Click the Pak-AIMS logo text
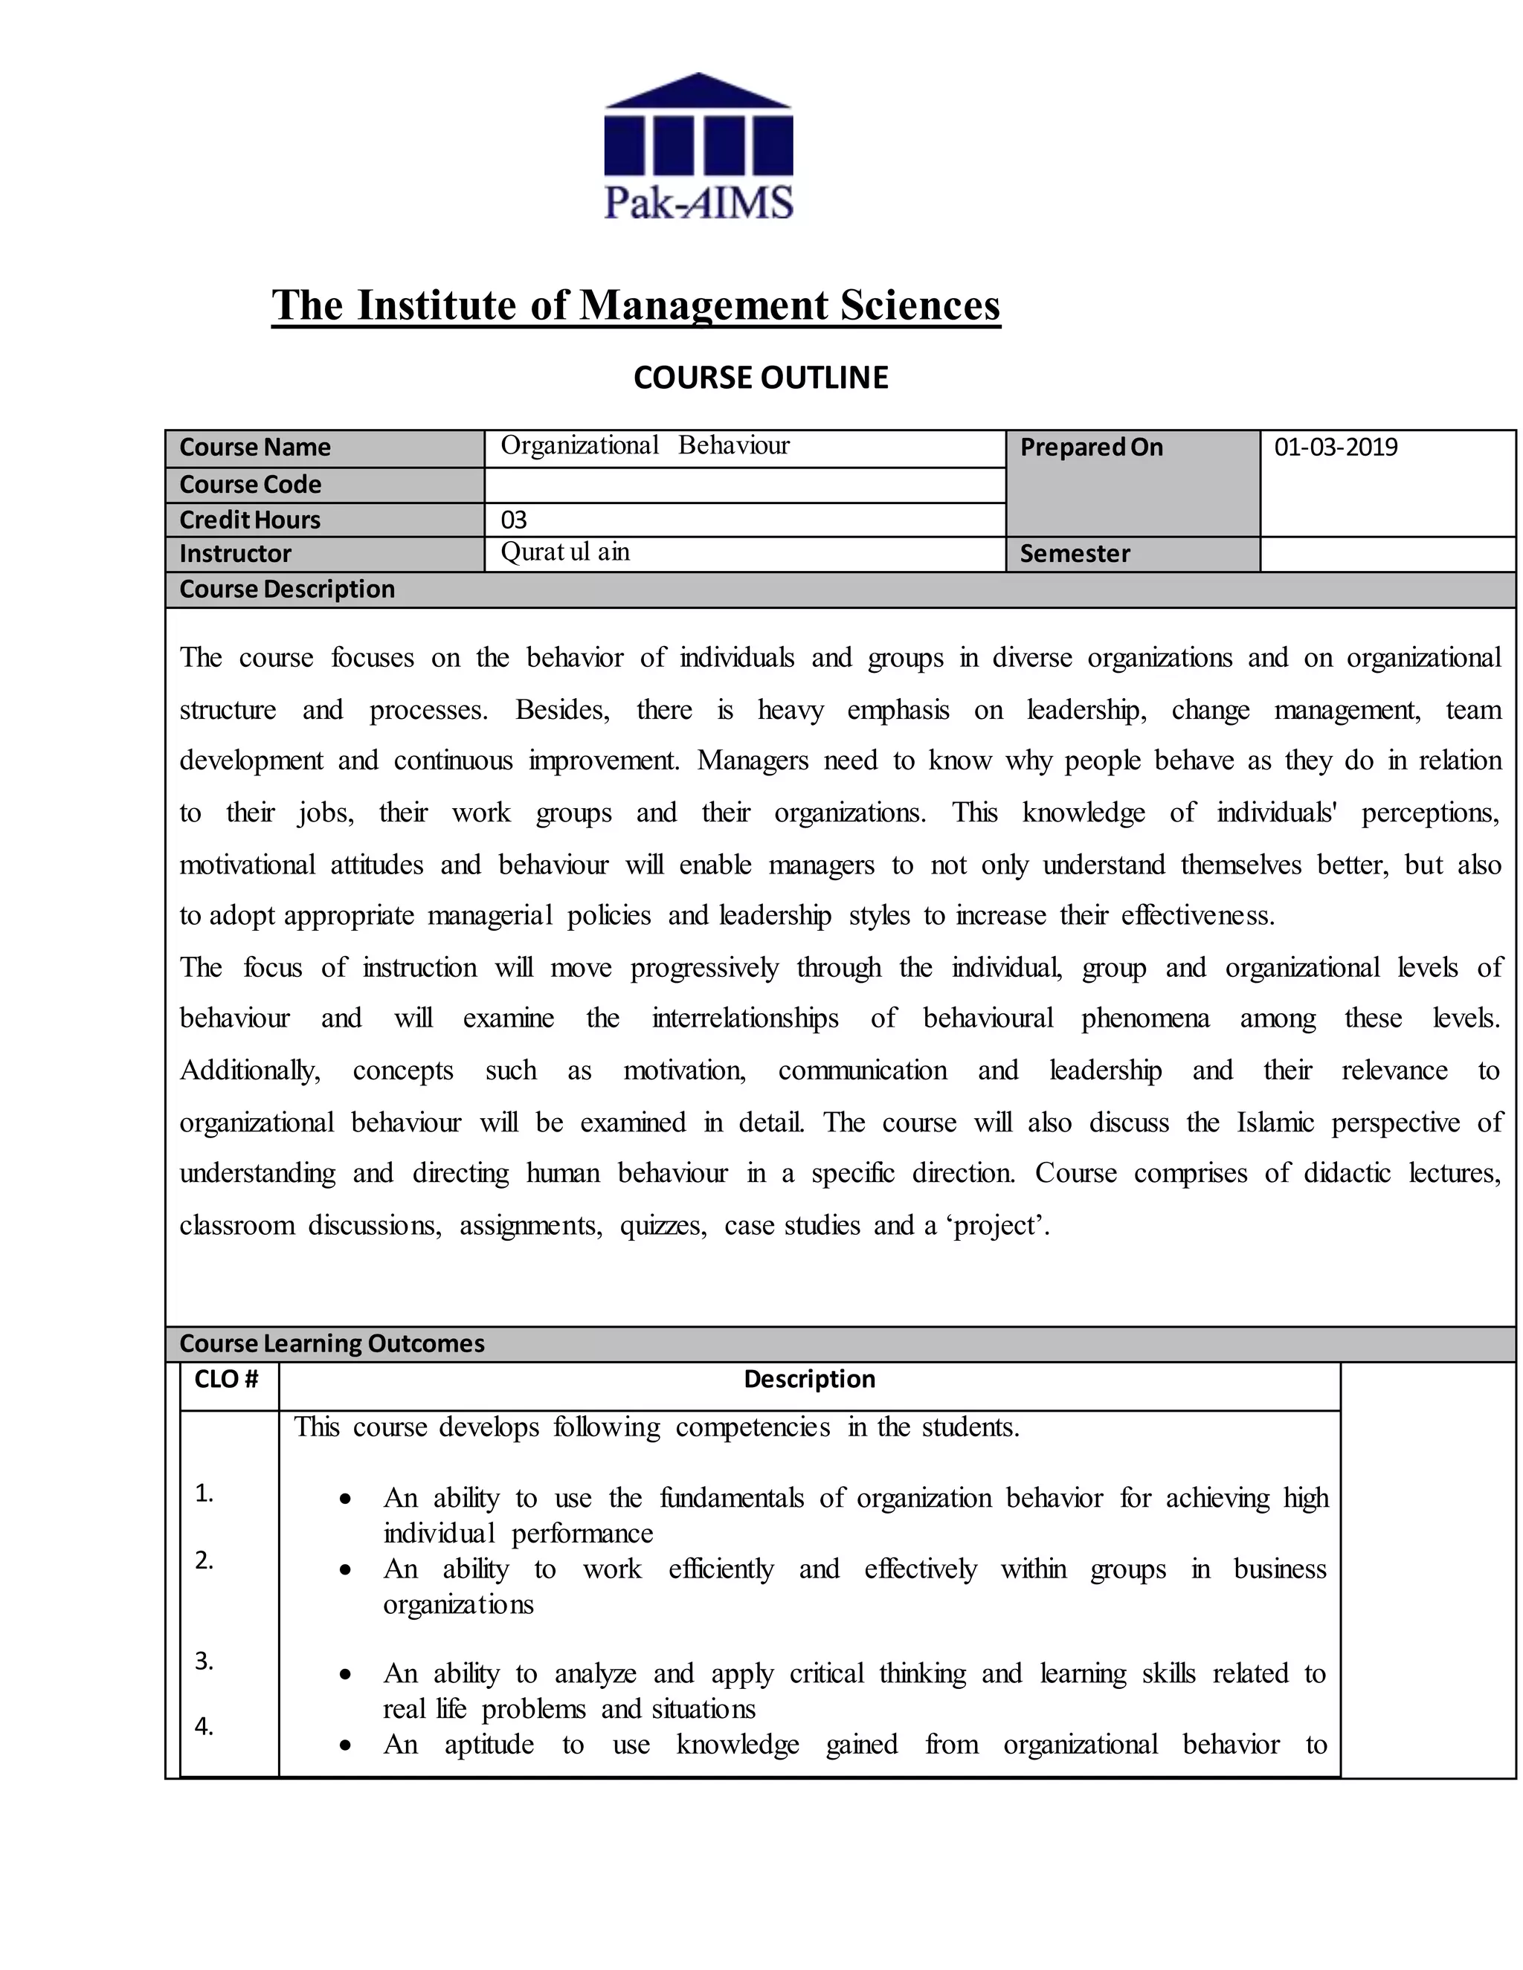(x=698, y=202)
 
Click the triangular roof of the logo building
(x=698, y=90)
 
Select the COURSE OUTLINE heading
(x=761, y=377)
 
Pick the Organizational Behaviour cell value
(x=645, y=445)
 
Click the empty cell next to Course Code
(x=744, y=485)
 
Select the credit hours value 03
(x=513, y=520)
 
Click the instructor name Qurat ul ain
(x=565, y=552)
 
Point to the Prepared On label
(x=1091, y=448)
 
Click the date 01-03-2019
(x=1336, y=448)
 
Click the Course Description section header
(x=287, y=589)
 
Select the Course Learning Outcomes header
(x=332, y=1343)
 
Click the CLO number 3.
(x=205, y=1661)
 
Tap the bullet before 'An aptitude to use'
(x=344, y=1745)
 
